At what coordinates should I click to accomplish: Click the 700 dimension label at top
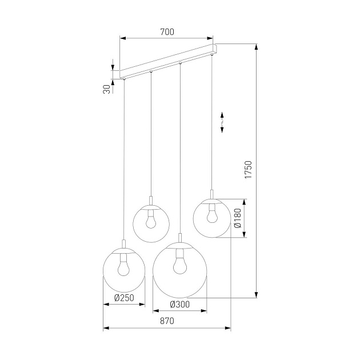166,32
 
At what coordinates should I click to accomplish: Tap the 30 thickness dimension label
107,89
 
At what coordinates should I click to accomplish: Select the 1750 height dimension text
247,170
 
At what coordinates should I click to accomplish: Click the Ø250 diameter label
124,297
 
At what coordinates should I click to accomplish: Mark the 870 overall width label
166,321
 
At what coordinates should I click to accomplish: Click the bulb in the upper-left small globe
151,218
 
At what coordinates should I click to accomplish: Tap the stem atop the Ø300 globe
180,239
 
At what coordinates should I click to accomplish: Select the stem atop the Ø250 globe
124,244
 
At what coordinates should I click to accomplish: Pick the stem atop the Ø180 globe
212,194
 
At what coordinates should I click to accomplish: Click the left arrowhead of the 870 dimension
105,329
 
